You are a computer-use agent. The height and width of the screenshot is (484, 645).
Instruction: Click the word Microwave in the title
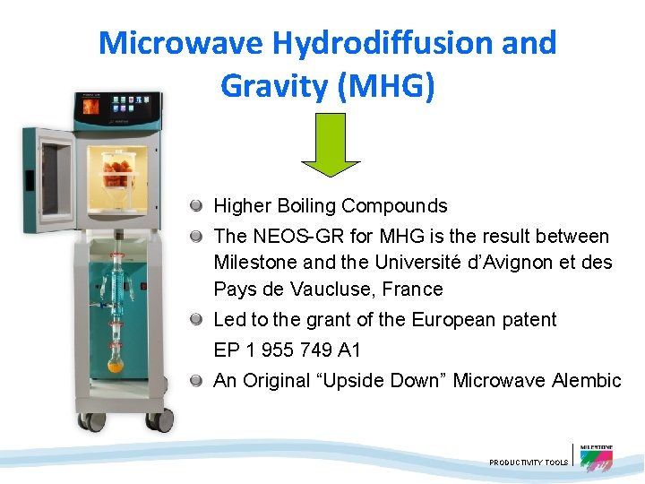(x=179, y=42)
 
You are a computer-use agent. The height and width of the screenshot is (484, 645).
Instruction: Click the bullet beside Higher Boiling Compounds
(x=195, y=206)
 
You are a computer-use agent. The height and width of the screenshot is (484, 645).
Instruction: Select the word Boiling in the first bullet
(x=310, y=206)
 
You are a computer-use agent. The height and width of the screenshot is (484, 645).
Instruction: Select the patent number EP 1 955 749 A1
(x=287, y=350)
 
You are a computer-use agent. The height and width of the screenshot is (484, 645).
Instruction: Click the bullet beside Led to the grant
(x=195, y=320)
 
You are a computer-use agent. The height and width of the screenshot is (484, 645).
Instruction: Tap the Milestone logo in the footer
(x=596, y=457)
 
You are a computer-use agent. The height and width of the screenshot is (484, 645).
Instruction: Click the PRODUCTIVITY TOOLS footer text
(x=529, y=462)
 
